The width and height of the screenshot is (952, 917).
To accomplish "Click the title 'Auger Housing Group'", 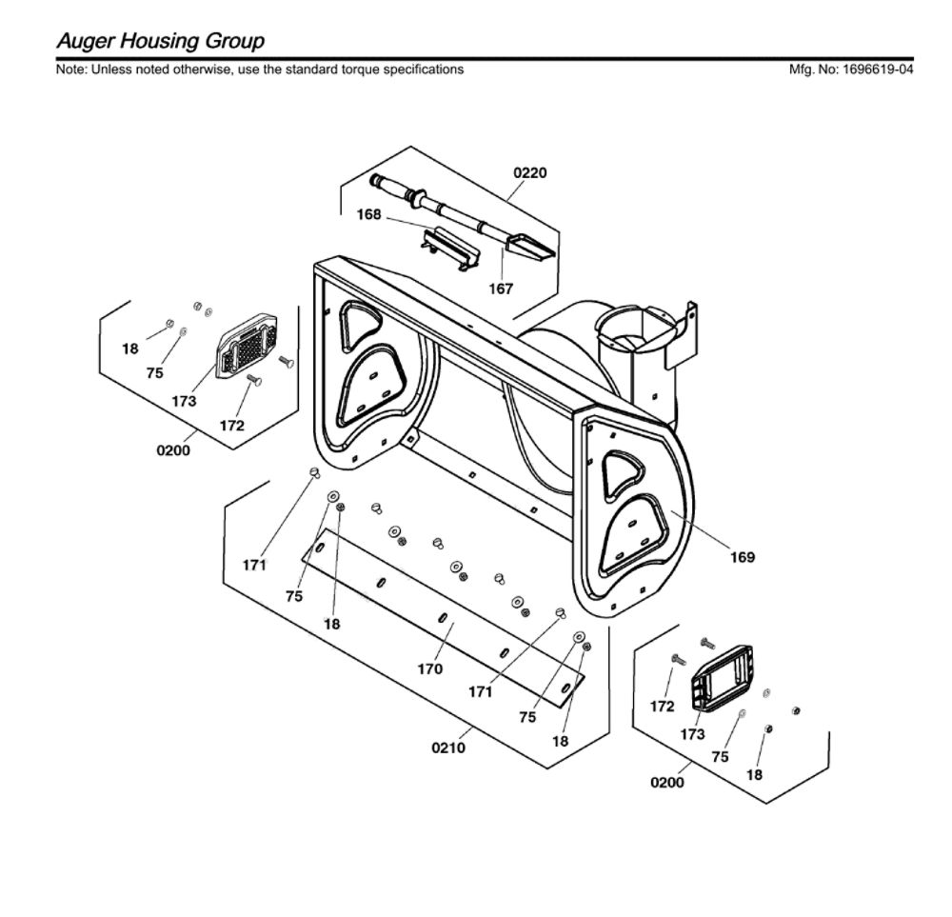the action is pos(160,41).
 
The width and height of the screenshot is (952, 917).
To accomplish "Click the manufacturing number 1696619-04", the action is pos(878,70).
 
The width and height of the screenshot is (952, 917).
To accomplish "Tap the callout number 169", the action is pos(742,557).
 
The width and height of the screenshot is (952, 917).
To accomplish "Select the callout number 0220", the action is pos(530,173).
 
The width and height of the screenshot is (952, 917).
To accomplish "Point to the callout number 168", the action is pos(368,214).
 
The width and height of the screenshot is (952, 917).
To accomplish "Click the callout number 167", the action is pos(501,289).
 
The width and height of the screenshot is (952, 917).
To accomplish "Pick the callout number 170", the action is pos(430,669).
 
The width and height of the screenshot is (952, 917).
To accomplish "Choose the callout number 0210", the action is pos(448,748).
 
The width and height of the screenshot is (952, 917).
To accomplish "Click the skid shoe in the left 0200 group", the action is pos(246,345).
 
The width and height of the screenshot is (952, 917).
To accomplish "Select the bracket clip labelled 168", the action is pos(450,249).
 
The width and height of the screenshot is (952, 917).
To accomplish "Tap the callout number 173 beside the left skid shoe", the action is pos(184,402).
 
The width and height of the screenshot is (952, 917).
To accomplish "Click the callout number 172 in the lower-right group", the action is pos(662,707).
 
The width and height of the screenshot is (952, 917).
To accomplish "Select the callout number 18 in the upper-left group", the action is pos(129,349).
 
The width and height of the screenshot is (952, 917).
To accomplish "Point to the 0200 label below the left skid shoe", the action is pos(173,450).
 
